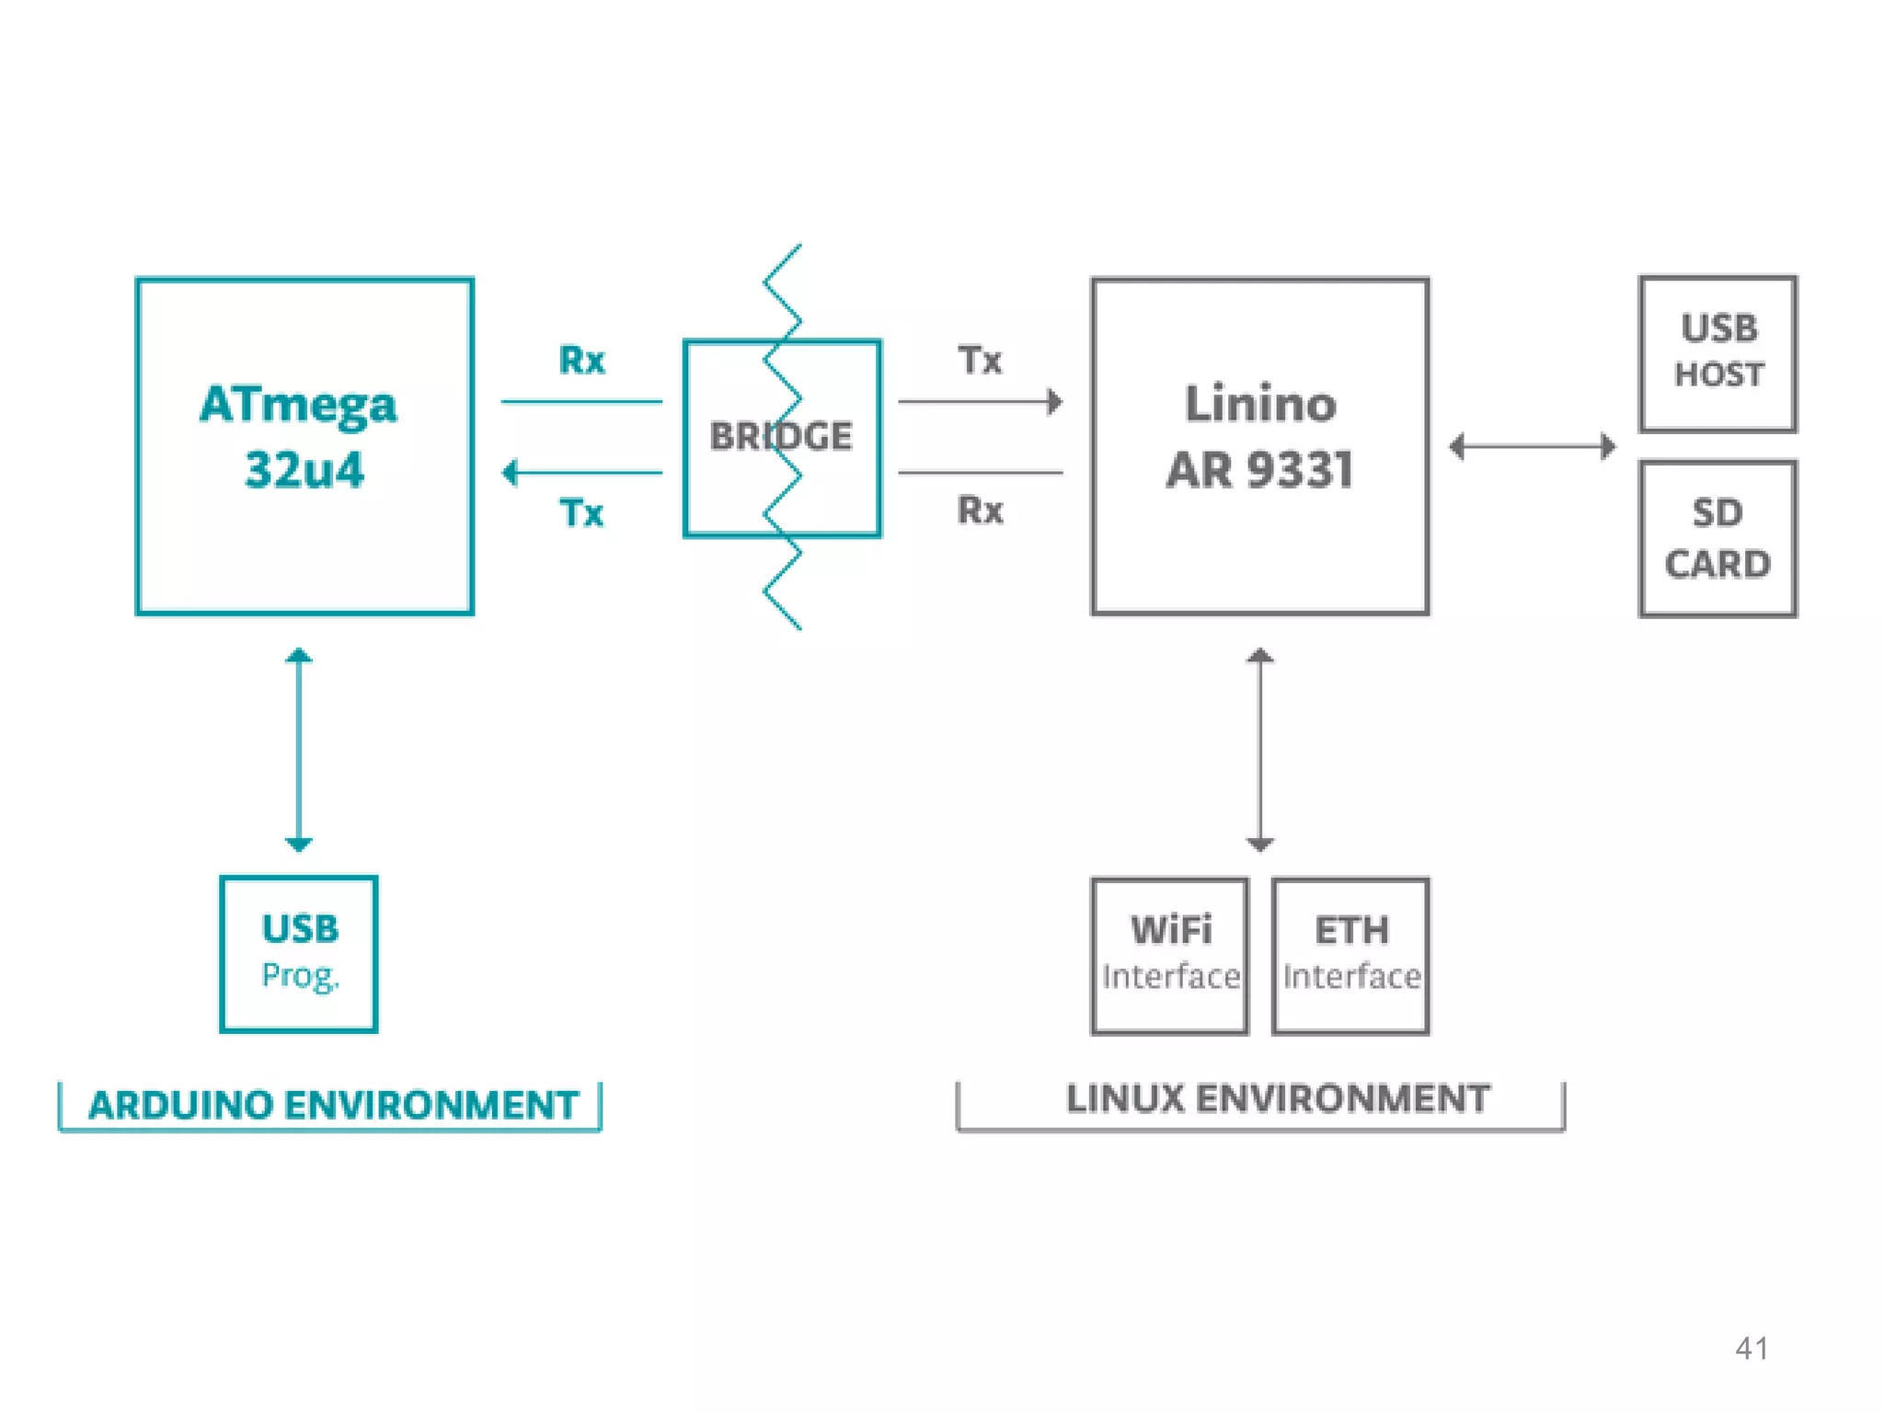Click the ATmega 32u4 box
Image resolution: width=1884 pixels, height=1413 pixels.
pos(304,446)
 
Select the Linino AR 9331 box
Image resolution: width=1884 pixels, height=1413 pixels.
pos(1259,446)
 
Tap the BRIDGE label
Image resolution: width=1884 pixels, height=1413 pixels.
pos(781,436)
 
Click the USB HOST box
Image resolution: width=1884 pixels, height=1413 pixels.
pos(1717,353)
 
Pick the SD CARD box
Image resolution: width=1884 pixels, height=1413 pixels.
pos(1717,539)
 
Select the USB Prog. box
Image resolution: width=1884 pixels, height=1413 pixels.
pos(299,954)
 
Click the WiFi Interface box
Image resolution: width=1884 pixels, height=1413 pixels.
pos(1170,956)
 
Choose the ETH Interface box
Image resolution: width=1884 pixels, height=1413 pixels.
pos(1350,956)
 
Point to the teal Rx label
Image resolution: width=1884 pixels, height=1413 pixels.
pos(581,360)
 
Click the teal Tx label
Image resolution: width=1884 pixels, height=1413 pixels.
pos(581,512)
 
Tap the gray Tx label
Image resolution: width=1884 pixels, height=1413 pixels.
pos(980,360)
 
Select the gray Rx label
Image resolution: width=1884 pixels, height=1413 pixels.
pos(980,510)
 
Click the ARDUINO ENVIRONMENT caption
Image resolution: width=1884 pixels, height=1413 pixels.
pos(332,1105)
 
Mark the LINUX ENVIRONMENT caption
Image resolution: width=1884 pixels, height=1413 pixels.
pos(1278,1098)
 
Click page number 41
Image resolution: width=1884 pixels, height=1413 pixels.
pos(1752,1349)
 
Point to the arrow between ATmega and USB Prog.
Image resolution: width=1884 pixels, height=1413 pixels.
pos(299,750)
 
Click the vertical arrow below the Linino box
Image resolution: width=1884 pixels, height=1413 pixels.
pos(1259,750)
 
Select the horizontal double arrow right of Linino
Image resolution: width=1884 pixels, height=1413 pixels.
pos(1533,447)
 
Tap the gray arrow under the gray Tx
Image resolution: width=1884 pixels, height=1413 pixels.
pos(980,402)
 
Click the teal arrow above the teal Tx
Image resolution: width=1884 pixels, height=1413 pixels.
pos(581,473)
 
